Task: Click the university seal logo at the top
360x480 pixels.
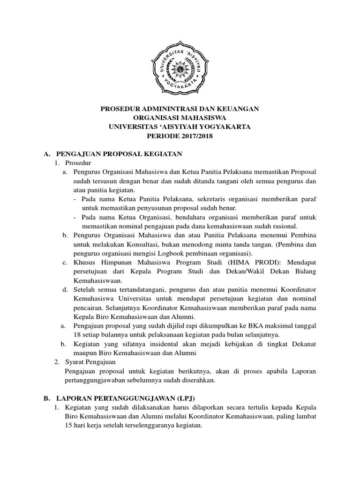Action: [180, 70]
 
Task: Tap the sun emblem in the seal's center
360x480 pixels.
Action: [180, 70]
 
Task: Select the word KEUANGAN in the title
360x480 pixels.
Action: [239, 109]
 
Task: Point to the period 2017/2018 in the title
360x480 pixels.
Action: [196, 136]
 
